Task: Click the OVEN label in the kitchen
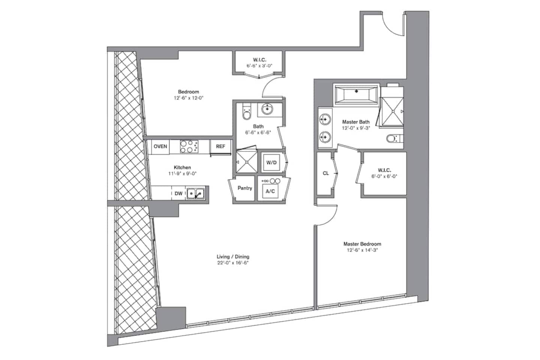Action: click(160, 146)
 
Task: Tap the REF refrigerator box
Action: click(220, 146)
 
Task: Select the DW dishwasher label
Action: click(178, 193)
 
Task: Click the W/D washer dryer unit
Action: click(271, 162)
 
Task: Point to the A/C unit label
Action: click(270, 191)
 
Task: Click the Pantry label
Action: click(244, 188)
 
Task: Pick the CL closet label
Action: click(325, 173)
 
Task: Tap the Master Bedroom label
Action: click(362, 244)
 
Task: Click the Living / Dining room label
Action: click(233, 256)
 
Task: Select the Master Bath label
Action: click(356, 122)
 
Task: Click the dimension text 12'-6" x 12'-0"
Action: click(189, 98)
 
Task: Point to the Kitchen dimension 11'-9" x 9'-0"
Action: click(183, 173)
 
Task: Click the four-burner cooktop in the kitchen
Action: click(189, 147)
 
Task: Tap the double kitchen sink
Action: click(196, 193)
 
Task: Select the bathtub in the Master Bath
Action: click(356, 94)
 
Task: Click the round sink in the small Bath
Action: click(267, 109)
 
